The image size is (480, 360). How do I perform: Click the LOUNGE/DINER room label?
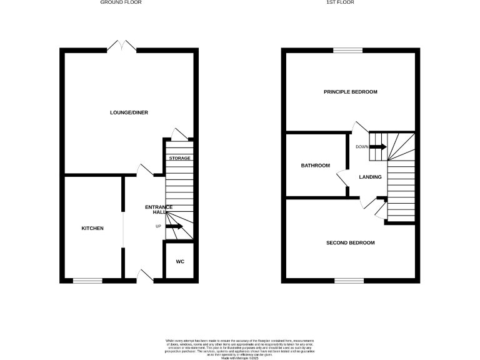(x=129, y=112)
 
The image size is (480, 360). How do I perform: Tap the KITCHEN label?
(x=92, y=228)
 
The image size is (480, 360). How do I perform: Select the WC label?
(x=180, y=261)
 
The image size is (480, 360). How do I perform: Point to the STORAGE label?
(x=180, y=158)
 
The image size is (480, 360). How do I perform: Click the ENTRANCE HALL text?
(x=159, y=209)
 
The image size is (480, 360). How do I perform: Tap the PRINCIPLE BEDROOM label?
(x=351, y=92)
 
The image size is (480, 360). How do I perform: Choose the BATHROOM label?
(x=315, y=166)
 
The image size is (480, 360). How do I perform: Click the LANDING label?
(x=370, y=177)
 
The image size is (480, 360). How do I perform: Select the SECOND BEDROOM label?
(x=351, y=242)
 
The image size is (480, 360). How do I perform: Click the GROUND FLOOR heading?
(x=121, y=2)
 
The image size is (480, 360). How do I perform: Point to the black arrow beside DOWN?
(x=379, y=147)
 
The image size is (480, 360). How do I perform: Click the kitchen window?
(x=87, y=280)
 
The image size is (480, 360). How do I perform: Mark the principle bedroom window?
(x=347, y=50)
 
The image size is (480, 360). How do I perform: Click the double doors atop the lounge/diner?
(x=121, y=46)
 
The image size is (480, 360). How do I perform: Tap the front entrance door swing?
(x=146, y=276)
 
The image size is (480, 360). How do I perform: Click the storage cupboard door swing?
(x=179, y=134)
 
